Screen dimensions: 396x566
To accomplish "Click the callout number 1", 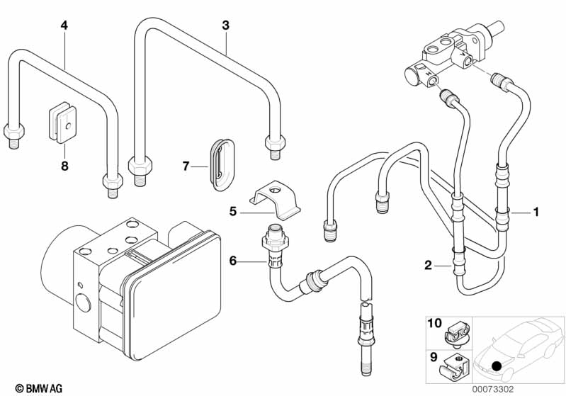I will [x=536, y=211].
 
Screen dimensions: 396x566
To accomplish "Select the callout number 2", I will [x=428, y=266].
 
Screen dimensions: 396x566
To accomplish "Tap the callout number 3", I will [x=225, y=26].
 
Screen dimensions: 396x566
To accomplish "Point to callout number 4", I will [x=64, y=26].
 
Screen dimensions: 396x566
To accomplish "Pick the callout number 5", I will [x=232, y=211].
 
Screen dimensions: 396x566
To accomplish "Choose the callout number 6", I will [x=232, y=261].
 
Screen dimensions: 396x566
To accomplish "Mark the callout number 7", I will [x=186, y=166].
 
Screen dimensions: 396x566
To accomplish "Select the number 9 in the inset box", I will [x=433, y=357].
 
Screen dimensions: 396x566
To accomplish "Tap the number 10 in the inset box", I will [x=434, y=324].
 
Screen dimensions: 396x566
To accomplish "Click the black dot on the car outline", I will [x=496, y=366].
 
